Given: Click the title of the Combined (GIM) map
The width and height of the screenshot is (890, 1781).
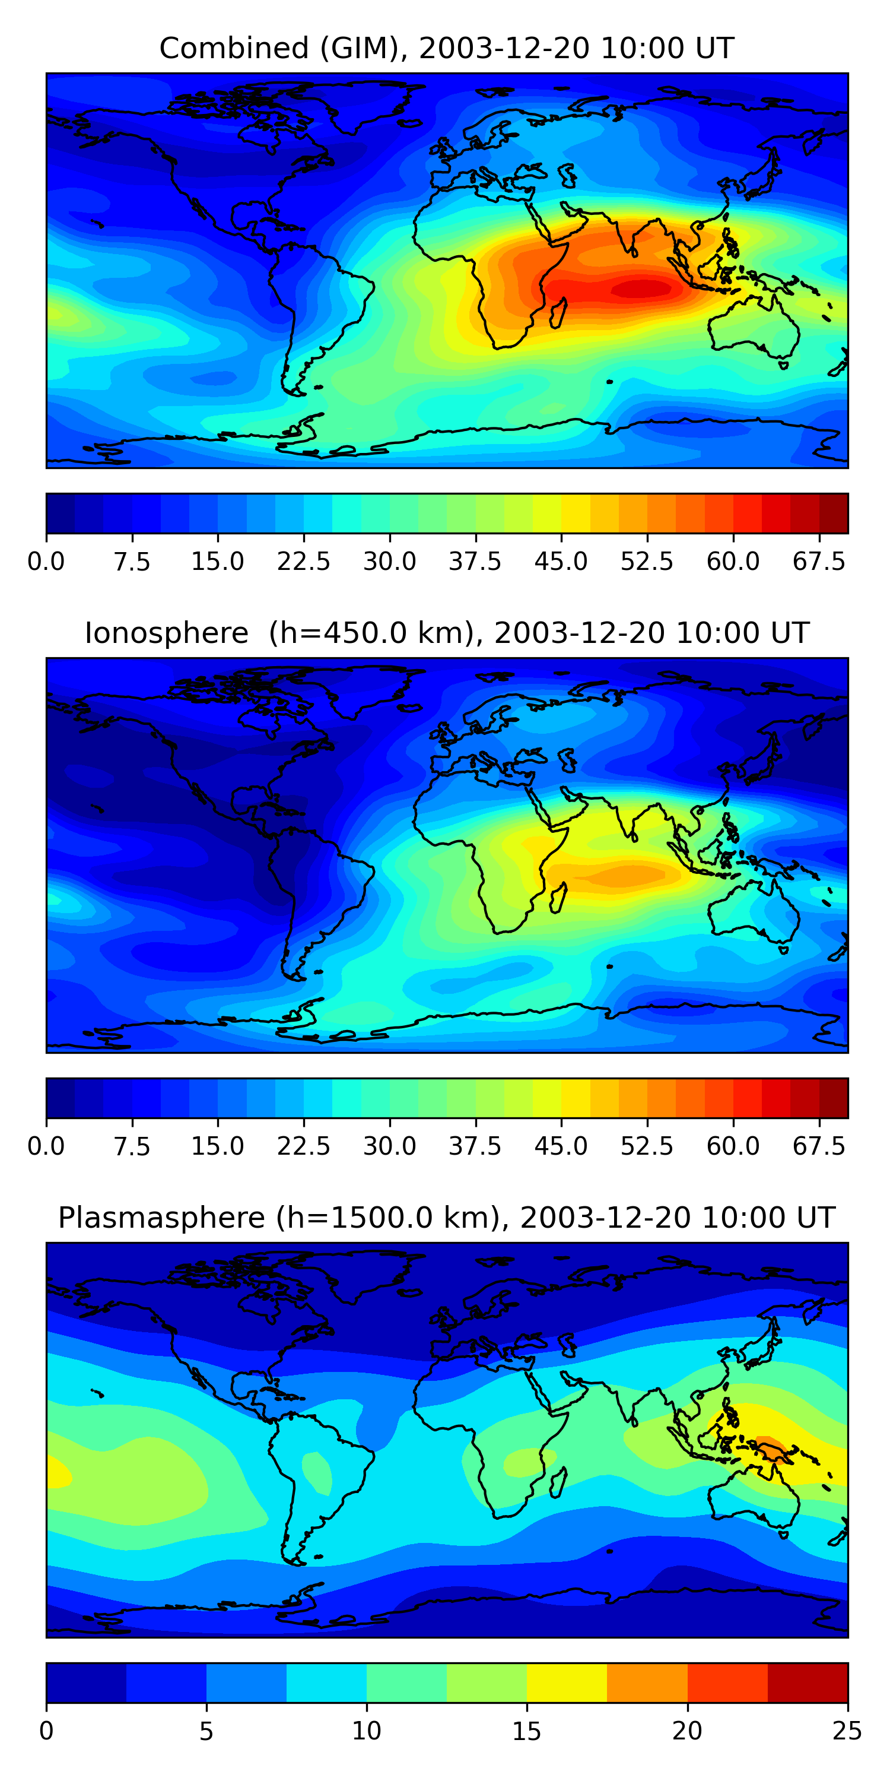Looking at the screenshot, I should [446, 49].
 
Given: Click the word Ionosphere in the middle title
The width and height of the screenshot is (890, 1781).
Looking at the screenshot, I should [166, 633].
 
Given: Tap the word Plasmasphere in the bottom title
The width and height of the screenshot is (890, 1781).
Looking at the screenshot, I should [161, 1218].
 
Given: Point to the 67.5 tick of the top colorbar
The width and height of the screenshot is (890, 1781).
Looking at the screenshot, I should [819, 562].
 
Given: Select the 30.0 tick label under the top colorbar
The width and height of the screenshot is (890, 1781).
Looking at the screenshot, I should [390, 562].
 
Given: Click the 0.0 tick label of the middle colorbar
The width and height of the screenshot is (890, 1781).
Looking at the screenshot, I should [46, 1146].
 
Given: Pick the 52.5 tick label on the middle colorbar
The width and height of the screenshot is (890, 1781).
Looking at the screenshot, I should [647, 1146].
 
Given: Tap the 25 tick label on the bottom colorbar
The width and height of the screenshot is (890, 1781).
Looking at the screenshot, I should [847, 1731].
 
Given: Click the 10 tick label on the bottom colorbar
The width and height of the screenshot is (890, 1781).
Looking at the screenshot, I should [366, 1731].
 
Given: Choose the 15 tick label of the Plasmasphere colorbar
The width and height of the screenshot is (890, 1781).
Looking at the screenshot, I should [526, 1731].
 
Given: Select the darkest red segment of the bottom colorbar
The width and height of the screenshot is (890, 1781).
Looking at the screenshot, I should [807, 1683].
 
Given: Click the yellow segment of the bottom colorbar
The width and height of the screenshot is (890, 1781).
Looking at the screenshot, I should [567, 1683].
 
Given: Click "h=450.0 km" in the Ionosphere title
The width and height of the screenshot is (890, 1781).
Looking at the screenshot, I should [370, 633].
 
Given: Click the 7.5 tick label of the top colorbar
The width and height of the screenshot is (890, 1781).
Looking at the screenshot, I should [132, 562].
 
